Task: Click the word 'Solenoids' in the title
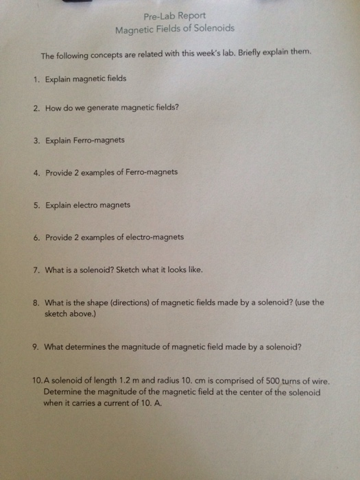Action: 212,29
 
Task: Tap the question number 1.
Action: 35,79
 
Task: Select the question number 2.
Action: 35,109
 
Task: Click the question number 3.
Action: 35,141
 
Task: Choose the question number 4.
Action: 35,172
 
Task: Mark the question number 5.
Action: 35,204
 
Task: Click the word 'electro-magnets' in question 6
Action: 153,237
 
